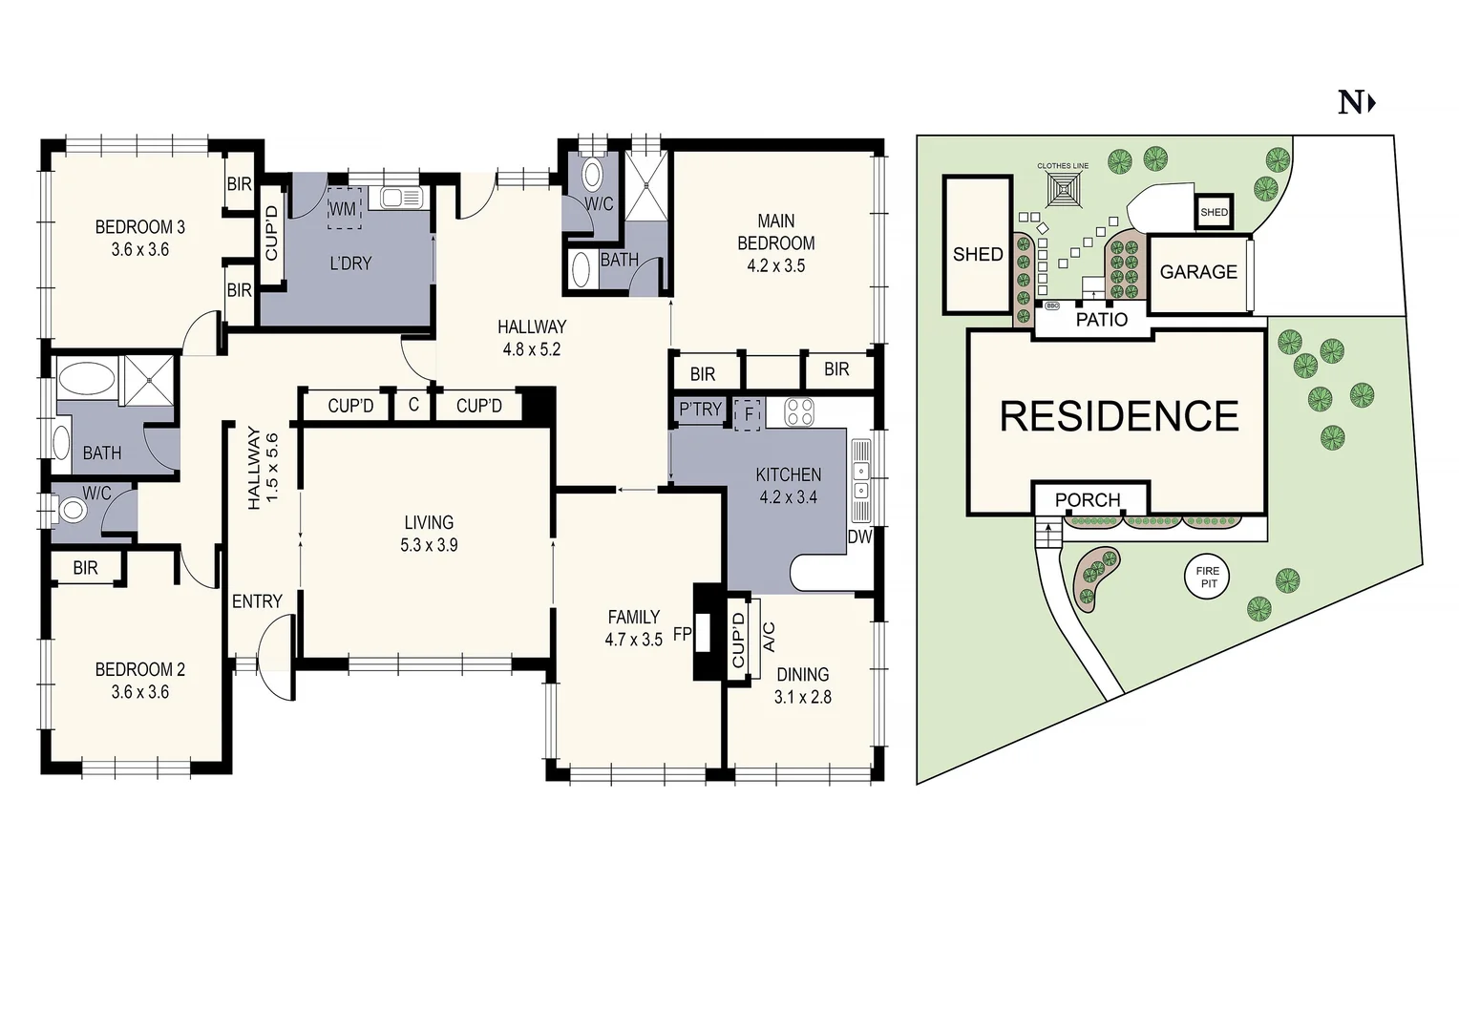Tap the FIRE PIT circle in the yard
coord(1208,577)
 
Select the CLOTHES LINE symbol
coord(1063,191)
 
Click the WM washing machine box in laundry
coord(343,209)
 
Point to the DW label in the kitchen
coord(859,537)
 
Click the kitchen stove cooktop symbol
coord(799,412)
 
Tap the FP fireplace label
coord(682,634)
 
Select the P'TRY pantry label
coord(700,410)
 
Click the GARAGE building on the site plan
coord(1198,273)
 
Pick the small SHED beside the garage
coord(1214,212)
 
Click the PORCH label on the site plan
coord(1088,500)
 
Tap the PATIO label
coord(1101,320)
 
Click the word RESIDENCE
coord(1119,417)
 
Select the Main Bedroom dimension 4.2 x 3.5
coord(775,266)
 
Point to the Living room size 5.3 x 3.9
coord(429,545)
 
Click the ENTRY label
coord(257,601)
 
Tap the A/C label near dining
coord(769,637)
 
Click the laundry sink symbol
coord(401,198)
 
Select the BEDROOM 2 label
coord(139,670)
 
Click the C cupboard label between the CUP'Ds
coord(413,405)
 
